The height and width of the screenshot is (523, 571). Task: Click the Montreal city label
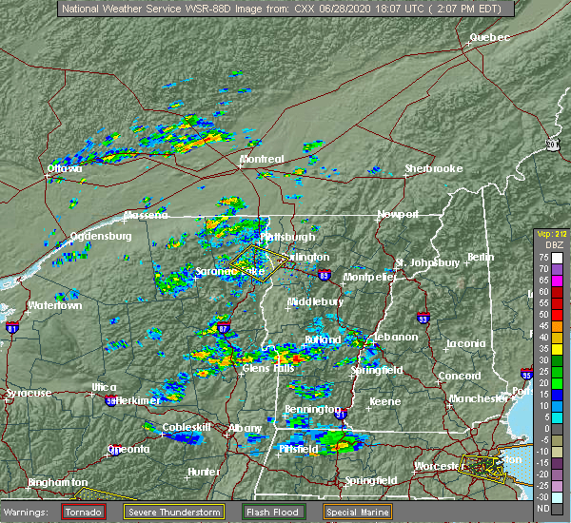(262, 159)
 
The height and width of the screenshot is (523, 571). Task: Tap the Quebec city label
(489, 37)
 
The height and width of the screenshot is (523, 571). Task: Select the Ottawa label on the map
(65, 169)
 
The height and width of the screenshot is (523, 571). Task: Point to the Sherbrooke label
(433, 168)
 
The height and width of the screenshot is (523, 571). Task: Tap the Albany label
(245, 428)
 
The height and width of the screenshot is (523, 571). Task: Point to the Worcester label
(439, 466)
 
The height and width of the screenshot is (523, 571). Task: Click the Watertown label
(54, 305)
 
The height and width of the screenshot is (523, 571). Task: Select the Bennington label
(311, 409)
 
